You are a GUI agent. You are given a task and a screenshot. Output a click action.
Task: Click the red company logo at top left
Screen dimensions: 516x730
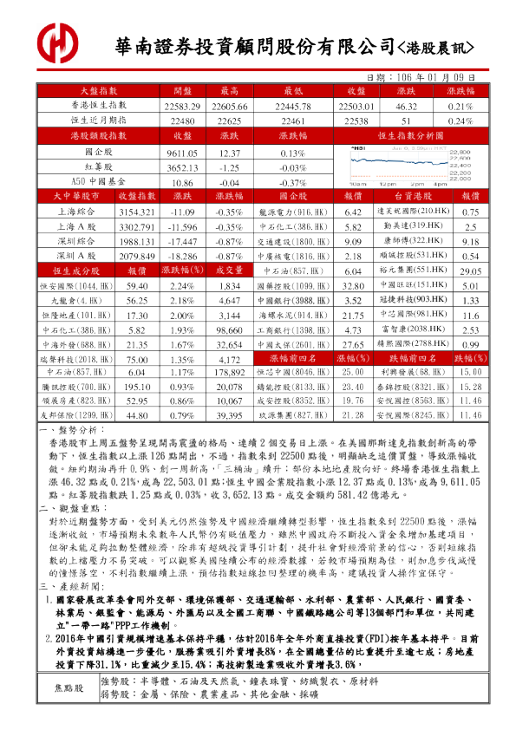tap(58, 41)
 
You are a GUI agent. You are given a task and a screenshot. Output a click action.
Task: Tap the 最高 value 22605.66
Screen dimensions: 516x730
tap(229, 105)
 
